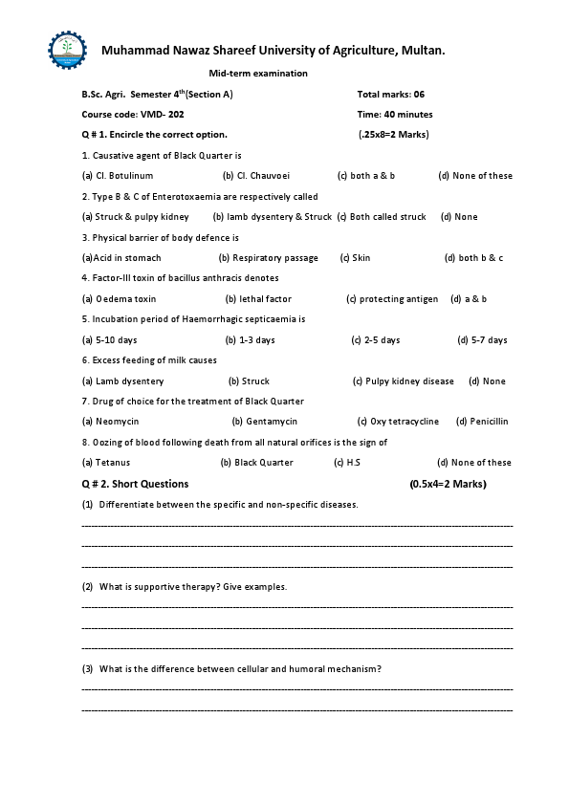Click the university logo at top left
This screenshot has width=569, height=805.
click(67, 50)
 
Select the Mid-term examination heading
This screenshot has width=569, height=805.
click(258, 74)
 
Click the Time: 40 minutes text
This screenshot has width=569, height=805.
click(394, 115)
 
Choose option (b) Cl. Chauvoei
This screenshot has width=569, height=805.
click(256, 176)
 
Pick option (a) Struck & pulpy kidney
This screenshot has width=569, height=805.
click(136, 217)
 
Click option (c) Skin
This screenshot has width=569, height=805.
click(355, 258)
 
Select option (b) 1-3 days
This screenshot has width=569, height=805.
click(250, 340)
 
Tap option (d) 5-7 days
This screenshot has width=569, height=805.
click(482, 340)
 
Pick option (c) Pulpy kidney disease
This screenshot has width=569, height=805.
click(404, 381)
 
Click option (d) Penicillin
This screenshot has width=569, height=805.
click(482, 422)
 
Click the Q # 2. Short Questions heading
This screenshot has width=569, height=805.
click(136, 484)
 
